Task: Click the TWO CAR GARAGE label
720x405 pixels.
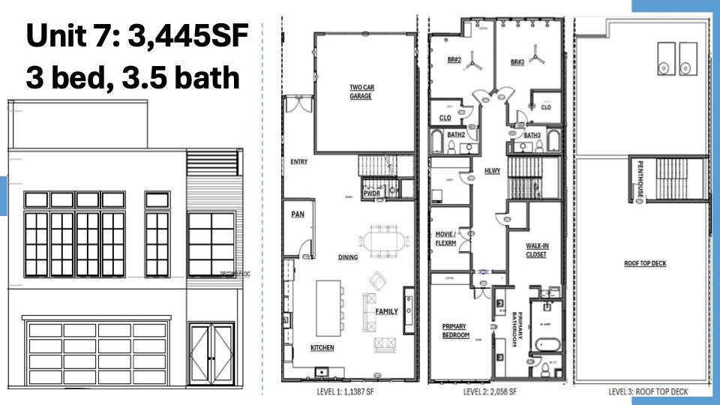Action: (x=361, y=91)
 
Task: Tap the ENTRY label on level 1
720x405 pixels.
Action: (x=298, y=161)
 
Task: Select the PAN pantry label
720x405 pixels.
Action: (x=297, y=214)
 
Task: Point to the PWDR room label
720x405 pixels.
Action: (x=371, y=192)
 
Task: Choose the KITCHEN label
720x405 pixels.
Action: (x=322, y=348)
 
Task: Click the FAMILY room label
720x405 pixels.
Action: (x=386, y=311)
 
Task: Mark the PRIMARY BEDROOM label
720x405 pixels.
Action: (x=455, y=331)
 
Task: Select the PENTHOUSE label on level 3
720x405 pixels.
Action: (x=640, y=180)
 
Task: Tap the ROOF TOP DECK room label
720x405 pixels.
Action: (x=645, y=263)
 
